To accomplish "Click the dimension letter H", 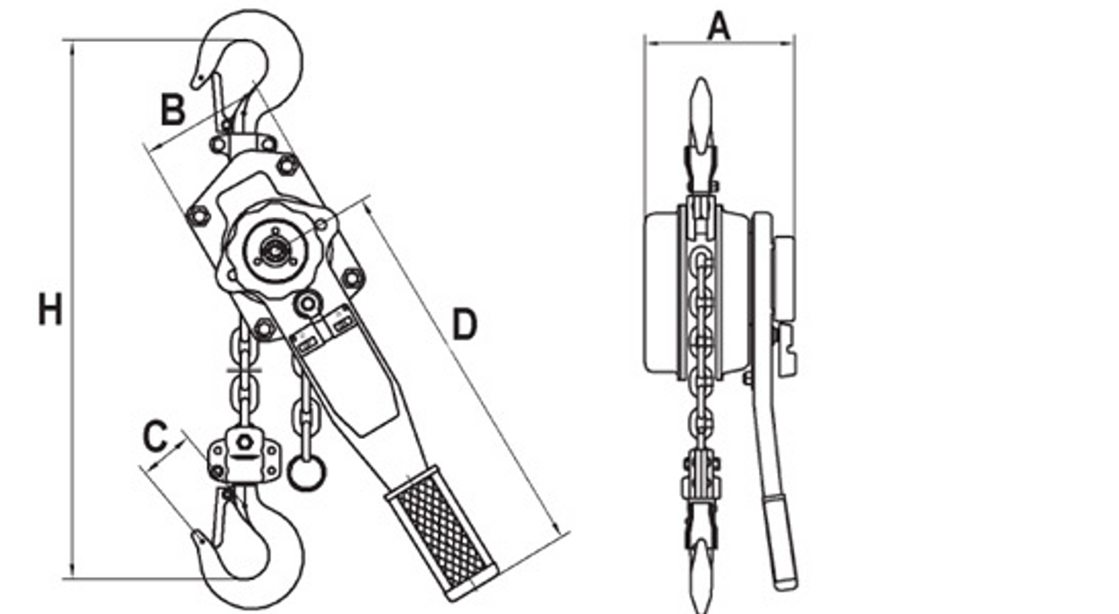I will pos(50,310).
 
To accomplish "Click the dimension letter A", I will pos(718,25).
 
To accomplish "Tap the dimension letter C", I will pos(155,436).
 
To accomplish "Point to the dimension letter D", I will pos(464,324).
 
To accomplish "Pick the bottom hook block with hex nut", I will pos(244,455).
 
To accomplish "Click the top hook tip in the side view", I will pos(701,96).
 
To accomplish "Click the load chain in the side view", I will pos(701,341).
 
